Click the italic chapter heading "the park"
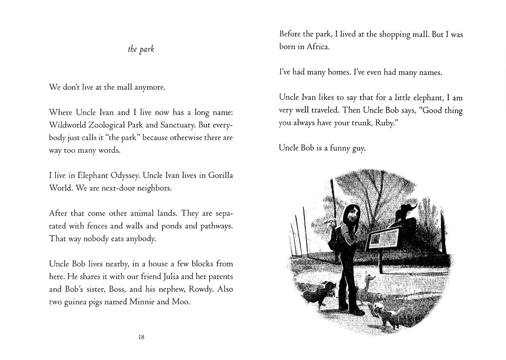141,49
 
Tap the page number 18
141,337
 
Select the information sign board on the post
384,239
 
